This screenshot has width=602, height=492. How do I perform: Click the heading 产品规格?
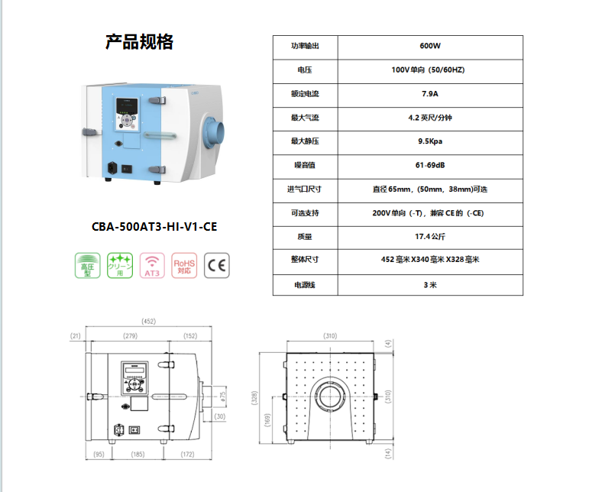click(139, 42)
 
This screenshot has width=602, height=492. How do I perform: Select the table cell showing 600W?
click(430, 47)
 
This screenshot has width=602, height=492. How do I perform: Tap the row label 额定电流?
click(305, 94)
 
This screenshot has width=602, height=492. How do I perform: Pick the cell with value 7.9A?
click(430, 94)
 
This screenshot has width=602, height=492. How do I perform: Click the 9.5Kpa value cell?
click(430, 141)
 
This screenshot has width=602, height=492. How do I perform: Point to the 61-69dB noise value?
click(430, 165)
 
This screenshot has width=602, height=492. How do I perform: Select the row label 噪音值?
click(305, 165)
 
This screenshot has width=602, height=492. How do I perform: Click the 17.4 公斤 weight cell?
click(430, 236)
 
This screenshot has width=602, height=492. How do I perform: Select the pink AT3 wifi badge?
click(153, 266)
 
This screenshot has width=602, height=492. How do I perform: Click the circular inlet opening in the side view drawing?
click(330, 396)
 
